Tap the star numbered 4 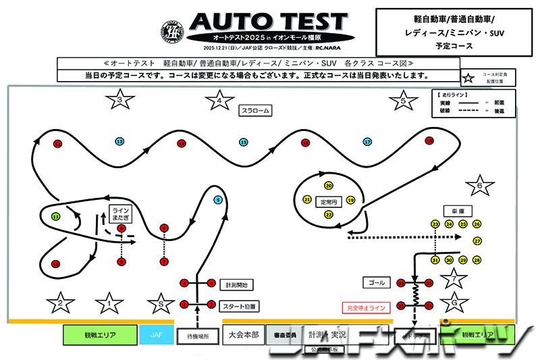coord(219,102)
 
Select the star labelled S coord(160,304)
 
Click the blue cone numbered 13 coord(119,142)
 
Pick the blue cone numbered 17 coord(367,142)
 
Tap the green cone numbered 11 coord(56,217)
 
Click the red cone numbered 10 coord(56,264)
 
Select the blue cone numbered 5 coord(217,200)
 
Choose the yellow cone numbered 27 coord(477,241)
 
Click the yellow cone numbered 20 coord(329,185)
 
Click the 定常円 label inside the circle coord(329,201)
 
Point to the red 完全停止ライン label coord(366,308)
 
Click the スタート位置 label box coord(241,305)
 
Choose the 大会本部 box coord(243,334)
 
